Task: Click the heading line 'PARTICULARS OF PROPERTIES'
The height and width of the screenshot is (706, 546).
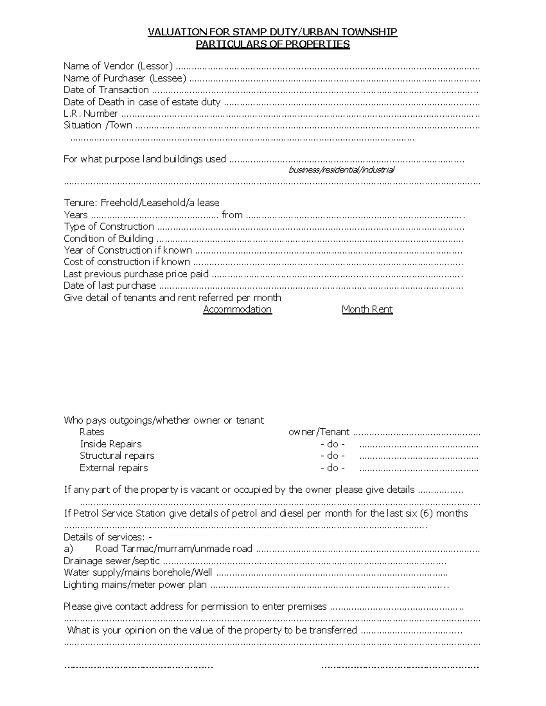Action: point(273,44)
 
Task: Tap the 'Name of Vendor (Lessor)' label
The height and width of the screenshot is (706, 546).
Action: point(118,66)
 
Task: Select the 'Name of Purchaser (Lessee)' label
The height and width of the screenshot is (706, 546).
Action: point(125,78)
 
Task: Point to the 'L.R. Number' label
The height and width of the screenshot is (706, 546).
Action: point(91,113)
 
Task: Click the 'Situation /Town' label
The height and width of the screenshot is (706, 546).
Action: point(98,125)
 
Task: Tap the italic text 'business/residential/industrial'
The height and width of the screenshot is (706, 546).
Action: point(342,170)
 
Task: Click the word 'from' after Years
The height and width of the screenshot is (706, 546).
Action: point(232,215)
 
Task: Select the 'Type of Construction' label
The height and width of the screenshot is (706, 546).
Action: point(109,226)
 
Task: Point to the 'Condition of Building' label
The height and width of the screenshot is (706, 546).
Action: point(108,238)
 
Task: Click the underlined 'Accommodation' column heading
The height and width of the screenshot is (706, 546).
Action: point(237,309)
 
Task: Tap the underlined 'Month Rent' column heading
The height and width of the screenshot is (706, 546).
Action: point(367,309)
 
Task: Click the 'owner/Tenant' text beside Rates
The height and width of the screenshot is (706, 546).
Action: point(319,432)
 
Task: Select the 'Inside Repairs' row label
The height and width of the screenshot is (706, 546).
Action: point(111,444)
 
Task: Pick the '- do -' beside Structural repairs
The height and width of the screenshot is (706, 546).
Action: point(333,456)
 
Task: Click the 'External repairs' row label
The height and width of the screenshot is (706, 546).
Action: point(114,468)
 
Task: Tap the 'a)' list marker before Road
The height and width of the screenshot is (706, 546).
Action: point(68,549)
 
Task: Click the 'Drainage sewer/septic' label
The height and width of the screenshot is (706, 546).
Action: point(111,561)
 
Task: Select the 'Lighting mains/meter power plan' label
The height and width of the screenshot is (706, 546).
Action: point(135,585)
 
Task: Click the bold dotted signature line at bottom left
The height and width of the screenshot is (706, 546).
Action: point(139,667)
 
